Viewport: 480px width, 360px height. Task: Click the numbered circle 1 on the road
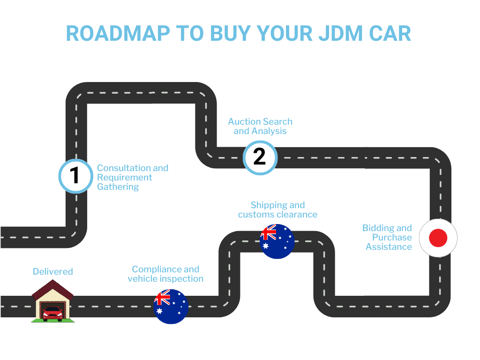tap(75, 176)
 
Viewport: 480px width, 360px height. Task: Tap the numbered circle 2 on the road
tap(260, 157)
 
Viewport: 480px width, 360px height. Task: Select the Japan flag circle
tap(438, 238)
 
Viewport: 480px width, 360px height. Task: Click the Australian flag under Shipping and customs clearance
tap(277, 241)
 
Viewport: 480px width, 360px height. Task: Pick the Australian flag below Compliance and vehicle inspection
tap(171, 307)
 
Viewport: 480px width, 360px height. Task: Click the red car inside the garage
tap(52, 313)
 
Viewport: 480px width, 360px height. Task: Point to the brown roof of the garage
tap(52, 288)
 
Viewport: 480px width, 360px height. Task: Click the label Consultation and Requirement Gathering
tap(132, 177)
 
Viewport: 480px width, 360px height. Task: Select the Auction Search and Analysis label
tap(260, 126)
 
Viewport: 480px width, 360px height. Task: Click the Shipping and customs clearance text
tap(277, 210)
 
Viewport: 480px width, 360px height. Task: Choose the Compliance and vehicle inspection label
tap(165, 274)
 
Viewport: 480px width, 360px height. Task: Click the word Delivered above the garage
tap(52, 271)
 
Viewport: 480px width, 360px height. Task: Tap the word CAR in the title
tap(389, 34)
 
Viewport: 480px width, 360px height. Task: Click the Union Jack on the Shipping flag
tap(269, 233)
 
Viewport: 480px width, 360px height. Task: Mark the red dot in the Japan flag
tap(438, 238)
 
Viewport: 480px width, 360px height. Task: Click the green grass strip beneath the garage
tap(52, 321)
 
